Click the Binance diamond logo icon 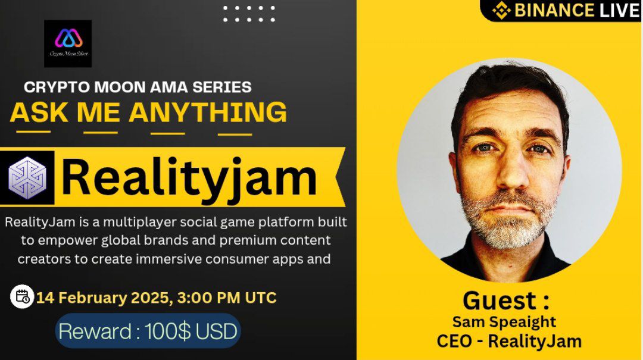point(502,10)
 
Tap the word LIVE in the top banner point(619,10)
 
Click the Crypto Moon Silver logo point(68,43)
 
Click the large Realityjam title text point(189,177)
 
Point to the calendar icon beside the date point(23,296)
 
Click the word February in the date point(101,298)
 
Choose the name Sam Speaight point(504,322)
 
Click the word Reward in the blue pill point(94,331)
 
